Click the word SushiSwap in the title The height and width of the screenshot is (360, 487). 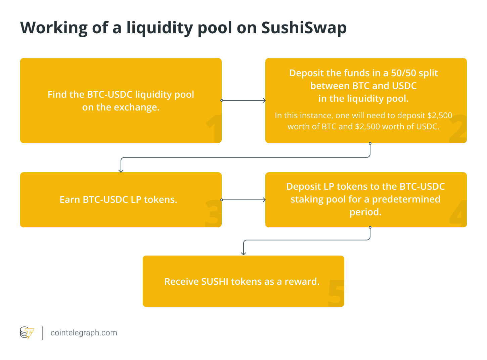(x=304, y=28)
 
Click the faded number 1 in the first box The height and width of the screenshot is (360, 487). (x=214, y=129)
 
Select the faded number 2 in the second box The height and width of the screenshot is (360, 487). (x=458, y=129)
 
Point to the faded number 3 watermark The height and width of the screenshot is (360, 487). (x=213, y=214)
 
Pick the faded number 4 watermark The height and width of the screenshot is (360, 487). (x=458, y=214)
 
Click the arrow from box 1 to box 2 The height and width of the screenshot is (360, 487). (x=243, y=100)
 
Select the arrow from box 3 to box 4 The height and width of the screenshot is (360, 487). (x=243, y=200)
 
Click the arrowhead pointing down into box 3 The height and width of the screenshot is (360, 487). (x=121, y=170)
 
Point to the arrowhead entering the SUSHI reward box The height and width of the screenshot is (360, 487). (x=243, y=253)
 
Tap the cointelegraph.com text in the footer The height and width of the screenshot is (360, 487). (x=84, y=333)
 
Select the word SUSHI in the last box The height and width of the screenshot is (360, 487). (x=215, y=281)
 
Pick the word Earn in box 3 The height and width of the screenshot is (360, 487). (x=70, y=200)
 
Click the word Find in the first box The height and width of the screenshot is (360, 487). (x=57, y=95)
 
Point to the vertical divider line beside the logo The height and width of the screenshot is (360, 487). (x=43, y=333)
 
